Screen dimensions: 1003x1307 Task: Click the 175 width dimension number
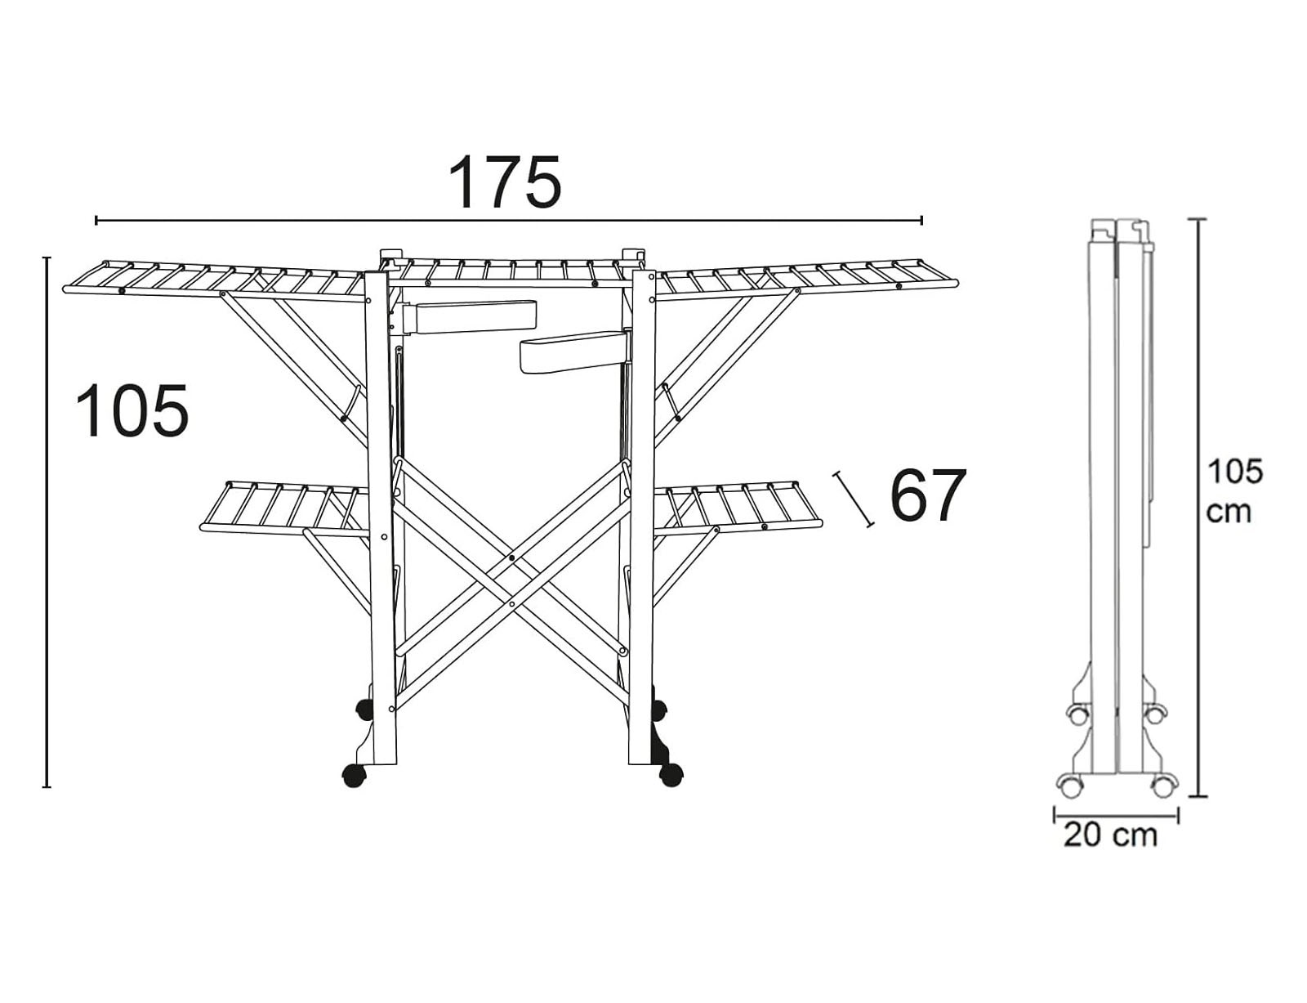[x=506, y=181]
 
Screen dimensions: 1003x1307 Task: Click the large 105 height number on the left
[x=132, y=411]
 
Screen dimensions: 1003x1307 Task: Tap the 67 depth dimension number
[x=927, y=495]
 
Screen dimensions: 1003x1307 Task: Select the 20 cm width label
[x=1111, y=835]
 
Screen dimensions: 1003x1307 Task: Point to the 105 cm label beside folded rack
[x=1235, y=490]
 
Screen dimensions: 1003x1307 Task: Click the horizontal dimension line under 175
[x=508, y=220]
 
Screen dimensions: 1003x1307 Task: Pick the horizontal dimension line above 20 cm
[x=1116, y=814]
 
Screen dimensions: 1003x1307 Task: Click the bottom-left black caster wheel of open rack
[x=354, y=776]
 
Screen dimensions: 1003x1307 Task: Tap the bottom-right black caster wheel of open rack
[x=671, y=776]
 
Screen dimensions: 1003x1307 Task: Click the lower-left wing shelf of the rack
[x=283, y=508]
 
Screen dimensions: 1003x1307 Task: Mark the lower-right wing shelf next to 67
[x=738, y=506]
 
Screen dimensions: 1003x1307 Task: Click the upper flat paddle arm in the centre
[x=473, y=316]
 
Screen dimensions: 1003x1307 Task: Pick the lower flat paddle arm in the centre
[x=572, y=351]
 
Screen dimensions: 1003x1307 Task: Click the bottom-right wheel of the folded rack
[x=1163, y=786]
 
